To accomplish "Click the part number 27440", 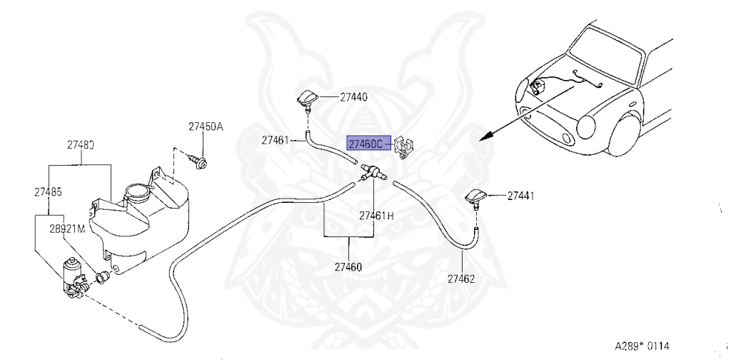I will pos(354,96).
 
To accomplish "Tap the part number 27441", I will pos(521,194).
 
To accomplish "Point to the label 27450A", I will pos(206,126).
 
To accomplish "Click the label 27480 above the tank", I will pos(81,144).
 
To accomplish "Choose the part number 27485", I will pos(48,191).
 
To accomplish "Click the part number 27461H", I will pos(376,215).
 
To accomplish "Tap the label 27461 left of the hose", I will pos(275,140).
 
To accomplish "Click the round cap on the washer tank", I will pos(134,192).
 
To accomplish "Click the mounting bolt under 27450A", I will pos(201,164).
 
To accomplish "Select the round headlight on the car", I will pos(585,129).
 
